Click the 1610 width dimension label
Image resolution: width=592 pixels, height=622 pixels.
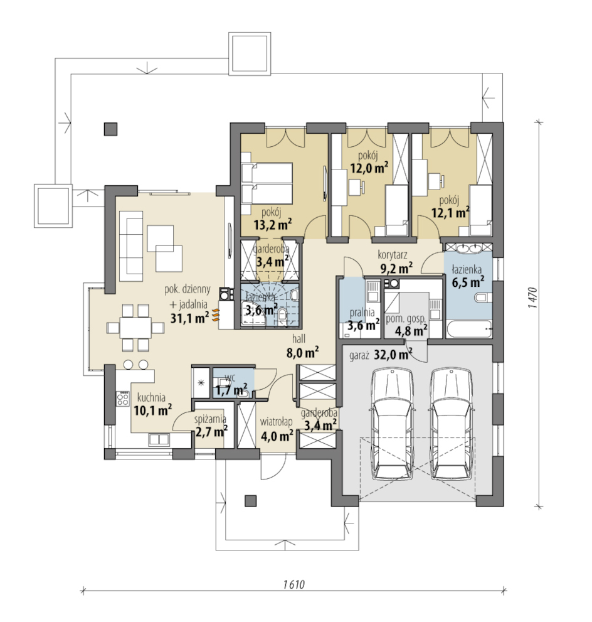(293, 584)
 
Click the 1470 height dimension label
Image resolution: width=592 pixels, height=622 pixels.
(533, 298)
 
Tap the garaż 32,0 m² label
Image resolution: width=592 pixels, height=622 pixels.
(381, 354)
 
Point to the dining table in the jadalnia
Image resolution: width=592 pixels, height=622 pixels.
(135, 328)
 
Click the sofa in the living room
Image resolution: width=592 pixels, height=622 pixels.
(131, 246)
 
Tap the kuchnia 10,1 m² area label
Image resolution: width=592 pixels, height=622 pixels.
(152, 404)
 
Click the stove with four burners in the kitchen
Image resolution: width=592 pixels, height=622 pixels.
(122, 399)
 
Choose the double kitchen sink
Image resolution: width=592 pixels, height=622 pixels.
(159, 439)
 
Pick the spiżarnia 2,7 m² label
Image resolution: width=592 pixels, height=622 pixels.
(211, 426)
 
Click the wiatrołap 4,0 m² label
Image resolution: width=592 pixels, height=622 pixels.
(277, 429)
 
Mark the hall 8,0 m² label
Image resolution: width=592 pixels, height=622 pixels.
(302, 346)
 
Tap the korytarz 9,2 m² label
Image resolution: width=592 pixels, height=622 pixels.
(396, 262)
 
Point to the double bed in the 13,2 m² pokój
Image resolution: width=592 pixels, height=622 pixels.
(267, 184)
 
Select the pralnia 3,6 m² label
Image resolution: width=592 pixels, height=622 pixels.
(362, 319)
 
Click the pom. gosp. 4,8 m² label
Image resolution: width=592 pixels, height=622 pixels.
(406, 324)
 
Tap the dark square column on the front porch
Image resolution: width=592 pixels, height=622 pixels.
(250, 501)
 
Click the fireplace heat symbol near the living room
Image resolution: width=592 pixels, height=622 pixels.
(214, 314)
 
